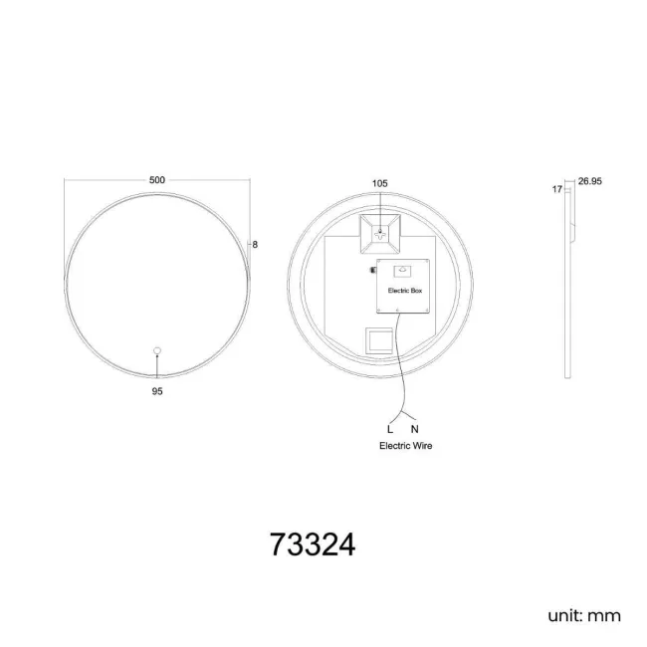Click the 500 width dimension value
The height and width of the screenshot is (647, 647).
[x=156, y=180]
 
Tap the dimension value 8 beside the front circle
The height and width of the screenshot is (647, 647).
[x=256, y=244]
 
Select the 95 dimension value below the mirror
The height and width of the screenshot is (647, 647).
[x=156, y=392]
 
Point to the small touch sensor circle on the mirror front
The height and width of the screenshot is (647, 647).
[x=156, y=350]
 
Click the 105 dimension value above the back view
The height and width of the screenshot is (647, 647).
[x=379, y=184]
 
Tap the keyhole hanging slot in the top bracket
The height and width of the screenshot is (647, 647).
[x=379, y=235]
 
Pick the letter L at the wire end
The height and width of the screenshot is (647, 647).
[x=390, y=429]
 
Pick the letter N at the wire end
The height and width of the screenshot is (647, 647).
[x=414, y=429]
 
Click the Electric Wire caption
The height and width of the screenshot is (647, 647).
[x=405, y=446]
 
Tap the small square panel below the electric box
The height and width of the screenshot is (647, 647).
[x=379, y=341]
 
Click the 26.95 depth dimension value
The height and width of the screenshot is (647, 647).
[x=590, y=182]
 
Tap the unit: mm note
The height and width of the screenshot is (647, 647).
[x=583, y=615]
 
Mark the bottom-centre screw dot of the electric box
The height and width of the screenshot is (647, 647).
[x=396, y=311]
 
